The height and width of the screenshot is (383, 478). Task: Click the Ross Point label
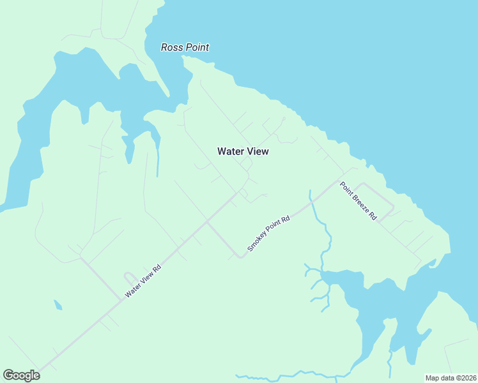click(x=185, y=47)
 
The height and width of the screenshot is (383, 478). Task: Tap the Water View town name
click(x=243, y=151)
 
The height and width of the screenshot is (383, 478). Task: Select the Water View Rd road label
click(x=143, y=282)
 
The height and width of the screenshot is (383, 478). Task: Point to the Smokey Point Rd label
click(x=269, y=233)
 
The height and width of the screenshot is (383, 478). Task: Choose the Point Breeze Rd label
click(x=358, y=201)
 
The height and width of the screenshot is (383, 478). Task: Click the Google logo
click(x=21, y=375)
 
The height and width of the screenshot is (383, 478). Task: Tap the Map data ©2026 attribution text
click(x=451, y=378)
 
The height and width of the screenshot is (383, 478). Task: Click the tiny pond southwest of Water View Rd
click(x=58, y=304)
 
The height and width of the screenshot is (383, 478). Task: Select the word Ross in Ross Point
click(x=171, y=47)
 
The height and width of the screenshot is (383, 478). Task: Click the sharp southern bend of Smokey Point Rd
click(x=240, y=257)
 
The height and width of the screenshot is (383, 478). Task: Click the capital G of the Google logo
click(x=8, y=375)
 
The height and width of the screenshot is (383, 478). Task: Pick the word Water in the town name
click(x=230, y=151)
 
